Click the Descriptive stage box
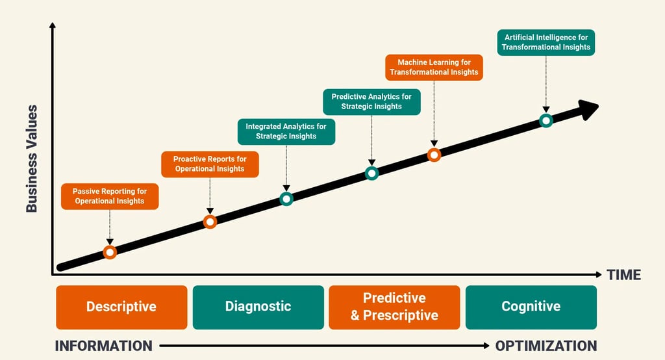pyautogui.click(x=121, y=307)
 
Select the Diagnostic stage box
pyautogui.click(x=258, y=307)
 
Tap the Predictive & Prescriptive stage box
pyautogui.click(x=394, y=307)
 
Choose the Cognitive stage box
pyautogui.click(x=531, y=307)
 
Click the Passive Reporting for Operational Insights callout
pyautogui.click(x=110, y=196)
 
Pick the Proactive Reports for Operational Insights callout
pyautogui.click(x=210, y=164)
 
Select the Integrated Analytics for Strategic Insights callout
pyautogui.click(x=286, y=131)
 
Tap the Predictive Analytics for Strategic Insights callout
pyautogui.click(x=371, y=101)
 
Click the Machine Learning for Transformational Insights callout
pyautogui.click(x=434, y=68)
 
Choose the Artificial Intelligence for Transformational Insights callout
pyautogui.click(x=546, y=42)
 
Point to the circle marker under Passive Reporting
pyautogui.click(x=110, y=252)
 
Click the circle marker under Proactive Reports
pyautogui.click(x=210, y=222)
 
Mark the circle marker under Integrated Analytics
pyautogui.click(x=286, y=199)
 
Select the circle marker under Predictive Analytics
pyautogui.click(x=371, y=173)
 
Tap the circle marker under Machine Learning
pyautogui.click(x=434, y=155)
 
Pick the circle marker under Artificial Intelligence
pyautogui.click(x=546, y=120)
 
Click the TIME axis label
pyautogui.click(x=623, y=275)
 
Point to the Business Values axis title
pyautogui.click(x=31, y=159)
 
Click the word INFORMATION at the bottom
pyautogui.click(x=103, y=346)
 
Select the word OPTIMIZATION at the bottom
pyautogui.click(x=546, y=346)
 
